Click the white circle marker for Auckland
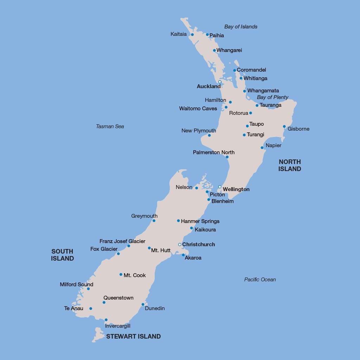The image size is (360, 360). pos(220,82)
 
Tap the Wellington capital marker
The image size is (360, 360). pos(220,187)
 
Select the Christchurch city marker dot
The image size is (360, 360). pos(180,244)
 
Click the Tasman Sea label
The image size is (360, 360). pos(110,126)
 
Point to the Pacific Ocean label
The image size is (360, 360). pos(260,280)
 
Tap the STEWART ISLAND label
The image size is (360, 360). pos(133,336)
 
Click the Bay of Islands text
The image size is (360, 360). pos(241,27)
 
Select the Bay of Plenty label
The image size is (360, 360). pos(272,97)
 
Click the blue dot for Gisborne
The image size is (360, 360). pos(284,126)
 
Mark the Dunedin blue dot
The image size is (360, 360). pos(143,305)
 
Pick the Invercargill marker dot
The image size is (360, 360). pos(106,320)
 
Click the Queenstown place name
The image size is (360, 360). pos(118,298)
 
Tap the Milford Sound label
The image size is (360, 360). pos(77,284)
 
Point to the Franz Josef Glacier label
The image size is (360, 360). pos(122,241)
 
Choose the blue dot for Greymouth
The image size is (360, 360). pos(154,221)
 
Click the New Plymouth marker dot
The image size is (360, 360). pos(209,135)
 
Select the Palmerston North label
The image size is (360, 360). pos(214,152)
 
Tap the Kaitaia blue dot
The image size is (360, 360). pos(192,34)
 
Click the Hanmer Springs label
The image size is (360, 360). pos(200,221)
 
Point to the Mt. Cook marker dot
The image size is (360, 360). pos(121,275)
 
